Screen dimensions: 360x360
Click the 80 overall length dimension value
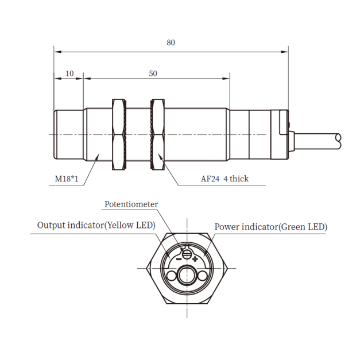(171, 42)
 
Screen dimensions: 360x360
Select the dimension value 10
(69, 73)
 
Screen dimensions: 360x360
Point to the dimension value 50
(153, 73)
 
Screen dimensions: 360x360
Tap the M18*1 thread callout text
(67, 179)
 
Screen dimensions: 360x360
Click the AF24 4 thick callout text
(224, 179)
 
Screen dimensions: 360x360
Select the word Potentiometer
(131, 204)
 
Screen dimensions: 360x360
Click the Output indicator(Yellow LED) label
(96, 225)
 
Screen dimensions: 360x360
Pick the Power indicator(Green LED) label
(270, 227)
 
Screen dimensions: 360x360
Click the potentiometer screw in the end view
(187, 254)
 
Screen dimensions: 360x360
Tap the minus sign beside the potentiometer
(179, 259)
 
